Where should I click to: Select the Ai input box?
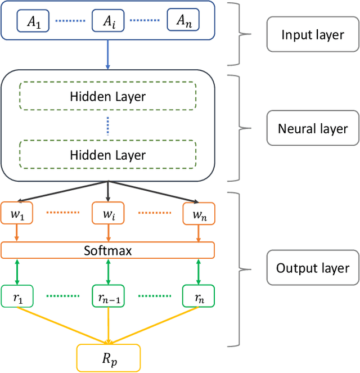pyautogui.click(x=107, y=21)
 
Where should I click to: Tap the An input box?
pyautogui.click(x=183, y=21)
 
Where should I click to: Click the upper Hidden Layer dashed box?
pyautogui.click(x=107, y=96)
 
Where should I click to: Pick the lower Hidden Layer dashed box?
pyautogui.click(x=107, y=155)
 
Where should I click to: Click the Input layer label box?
pyautogui.click(x=312, y=35)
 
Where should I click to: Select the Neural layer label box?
pyautogui.click(x=312, y=128)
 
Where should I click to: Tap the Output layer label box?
pyautogui.click(x=312, y=268)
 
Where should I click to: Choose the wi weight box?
pyautogui.click(x=107, y=213)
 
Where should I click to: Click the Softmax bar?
pyautogui.click(x=107, y=250)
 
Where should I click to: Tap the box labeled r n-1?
pyautogui.click(x=107, y=296)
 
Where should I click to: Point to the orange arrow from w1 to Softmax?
pyautogui.click(x=16, y=232)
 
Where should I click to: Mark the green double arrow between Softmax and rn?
pyautogui.click(x=199, y=272)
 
